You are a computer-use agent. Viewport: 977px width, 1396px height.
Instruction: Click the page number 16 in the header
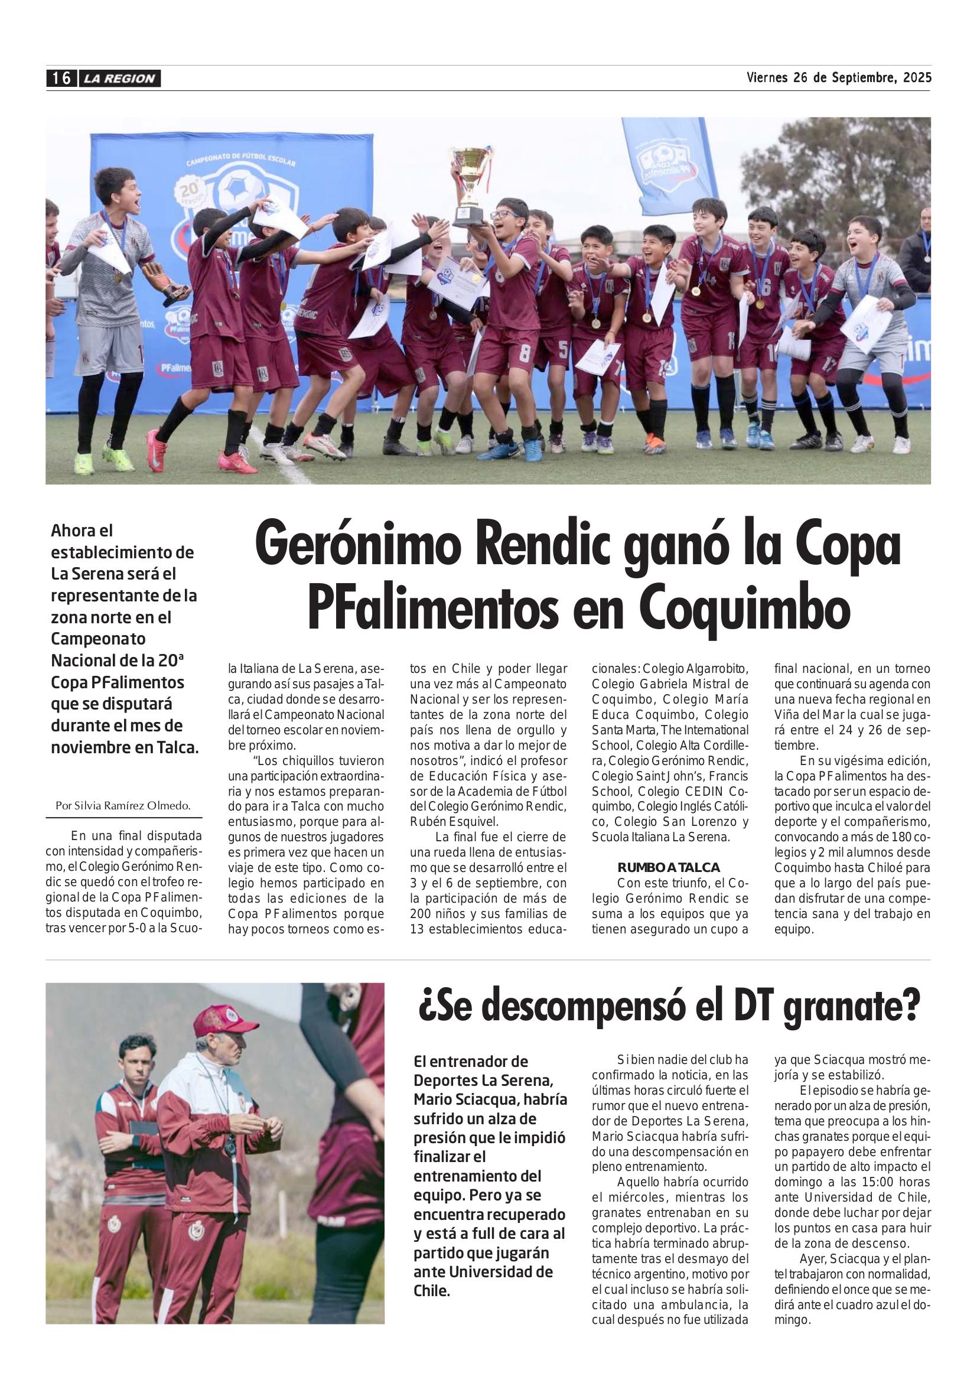[x=60, y=79]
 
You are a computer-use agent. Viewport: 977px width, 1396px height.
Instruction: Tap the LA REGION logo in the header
[x=120, y=79]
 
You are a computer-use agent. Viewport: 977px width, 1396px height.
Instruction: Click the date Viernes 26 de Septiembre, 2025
[x=838, y=78]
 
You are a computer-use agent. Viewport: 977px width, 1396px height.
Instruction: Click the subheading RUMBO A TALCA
[x=669, y=867]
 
